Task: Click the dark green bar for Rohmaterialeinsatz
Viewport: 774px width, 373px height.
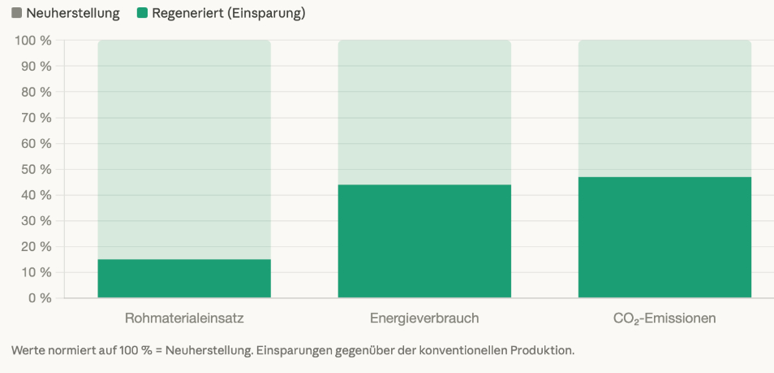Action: pos(184,278)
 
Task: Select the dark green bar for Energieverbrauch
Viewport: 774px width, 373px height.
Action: pos(424,241)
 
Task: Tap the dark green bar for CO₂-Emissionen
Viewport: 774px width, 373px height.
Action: pos(664,236)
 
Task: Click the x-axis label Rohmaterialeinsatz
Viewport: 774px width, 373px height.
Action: pos(184,318)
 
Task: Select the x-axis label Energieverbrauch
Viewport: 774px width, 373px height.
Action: pos(424,318)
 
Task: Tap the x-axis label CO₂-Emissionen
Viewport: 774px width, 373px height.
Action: pos(664,318)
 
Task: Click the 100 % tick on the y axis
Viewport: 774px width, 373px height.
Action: pos(33,41)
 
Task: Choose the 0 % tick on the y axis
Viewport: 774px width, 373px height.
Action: pos(40,298)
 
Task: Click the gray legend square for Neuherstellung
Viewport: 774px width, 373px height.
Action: pos(17,13)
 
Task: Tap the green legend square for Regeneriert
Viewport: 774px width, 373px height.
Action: pos(142,13)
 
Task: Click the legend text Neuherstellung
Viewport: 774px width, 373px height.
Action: pos(73,13)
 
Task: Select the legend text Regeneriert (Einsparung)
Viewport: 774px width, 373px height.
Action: pos(228,13)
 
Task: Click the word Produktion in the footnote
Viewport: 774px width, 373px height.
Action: pos(543,350)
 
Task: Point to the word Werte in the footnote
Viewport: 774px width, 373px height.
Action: pos(28,350)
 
